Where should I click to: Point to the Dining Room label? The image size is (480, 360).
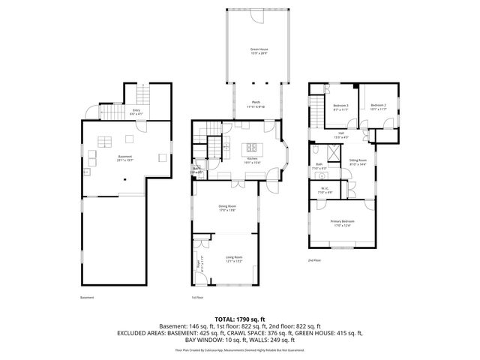pyautogui.click(x=227, y=208)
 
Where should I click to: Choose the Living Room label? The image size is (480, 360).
pyautogui.click(x=234, y=259)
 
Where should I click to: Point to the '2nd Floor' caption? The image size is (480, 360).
pyautogui.click(x=315, y=260)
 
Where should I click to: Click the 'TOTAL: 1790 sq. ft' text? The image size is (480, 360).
pyautogui.click(x=239, y=319)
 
